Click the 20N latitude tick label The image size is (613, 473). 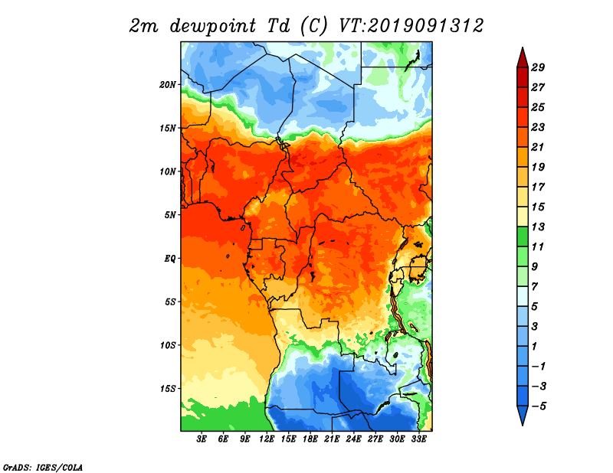point(168,85)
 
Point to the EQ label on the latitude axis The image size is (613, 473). point(169,259)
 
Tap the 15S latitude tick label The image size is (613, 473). point(168,389)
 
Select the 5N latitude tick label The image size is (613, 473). point(170,215)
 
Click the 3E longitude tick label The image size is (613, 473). point(202,439)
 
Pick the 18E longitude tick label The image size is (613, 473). point(310,439)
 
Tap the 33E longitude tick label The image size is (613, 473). point(418,439)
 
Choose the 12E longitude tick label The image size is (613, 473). point(267,439)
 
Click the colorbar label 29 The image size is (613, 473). point(538,67)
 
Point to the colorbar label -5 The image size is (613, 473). point(539,406)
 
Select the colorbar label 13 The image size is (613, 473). point(538,227)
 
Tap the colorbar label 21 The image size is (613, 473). point(538,147)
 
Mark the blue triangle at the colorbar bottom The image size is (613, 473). point(523,414)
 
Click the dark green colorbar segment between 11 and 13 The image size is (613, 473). point(523,236)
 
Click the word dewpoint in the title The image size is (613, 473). point(213,26)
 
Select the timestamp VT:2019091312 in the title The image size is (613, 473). point(411,26)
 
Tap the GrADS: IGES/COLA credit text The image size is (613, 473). point(43,468)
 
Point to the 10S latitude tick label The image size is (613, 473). point(168,346)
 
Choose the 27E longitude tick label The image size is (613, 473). point(375,439)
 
